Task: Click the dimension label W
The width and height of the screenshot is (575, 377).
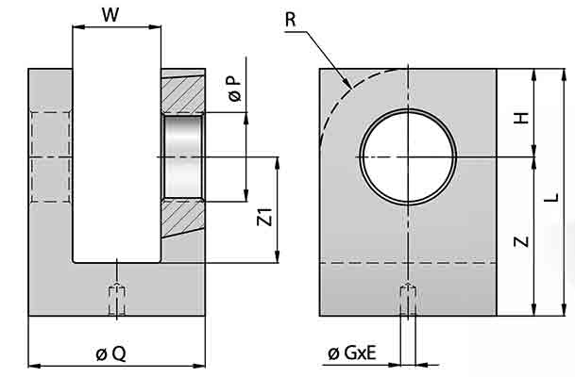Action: [x=110, y=13]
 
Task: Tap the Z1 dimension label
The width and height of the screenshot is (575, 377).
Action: [x=265, y=219]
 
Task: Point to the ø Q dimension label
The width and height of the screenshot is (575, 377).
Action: [x=110, y=353]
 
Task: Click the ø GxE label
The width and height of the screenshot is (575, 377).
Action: [x=352, y=353]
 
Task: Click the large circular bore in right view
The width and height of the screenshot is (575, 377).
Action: [x=407, y=156]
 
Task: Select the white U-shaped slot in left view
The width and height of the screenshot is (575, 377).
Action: [x=115, y=160]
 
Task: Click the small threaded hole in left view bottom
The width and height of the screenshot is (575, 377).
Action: [x=115, y=300]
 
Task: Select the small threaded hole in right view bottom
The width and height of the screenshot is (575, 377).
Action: [x=407, y=300]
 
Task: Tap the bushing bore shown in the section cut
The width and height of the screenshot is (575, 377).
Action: [x=183, y=156]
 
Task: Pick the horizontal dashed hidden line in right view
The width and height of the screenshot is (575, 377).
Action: [x=453, y=263]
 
